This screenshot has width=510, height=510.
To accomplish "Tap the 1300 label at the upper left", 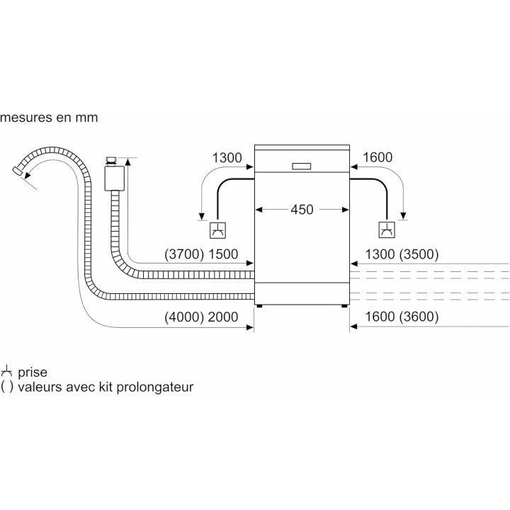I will [227, 157].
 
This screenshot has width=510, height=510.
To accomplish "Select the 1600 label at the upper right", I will [377, 157].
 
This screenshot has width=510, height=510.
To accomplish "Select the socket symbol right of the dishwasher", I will [386, 229].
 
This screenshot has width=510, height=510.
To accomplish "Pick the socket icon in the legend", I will [7, 370].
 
